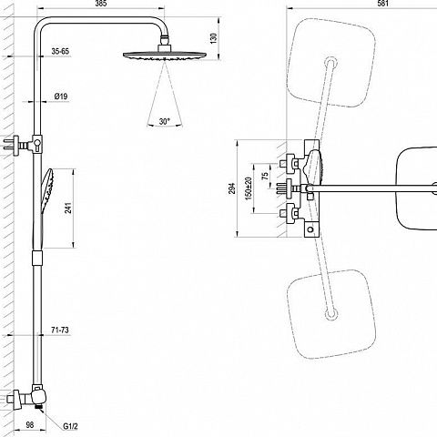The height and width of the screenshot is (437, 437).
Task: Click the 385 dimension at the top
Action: coord(101,4)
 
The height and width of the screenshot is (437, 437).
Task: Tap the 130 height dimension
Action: coord(214,38)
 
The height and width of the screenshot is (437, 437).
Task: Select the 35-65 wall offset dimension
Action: coord(60,51)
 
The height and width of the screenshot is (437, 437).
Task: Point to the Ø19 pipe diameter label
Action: coord(61,97)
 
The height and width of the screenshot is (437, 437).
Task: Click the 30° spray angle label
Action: coord(164,122)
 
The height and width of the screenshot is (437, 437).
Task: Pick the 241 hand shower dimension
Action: coord(68,208)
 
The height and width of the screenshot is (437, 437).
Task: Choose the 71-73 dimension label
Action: coord(60,330)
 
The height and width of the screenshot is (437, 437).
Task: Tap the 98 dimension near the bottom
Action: coord(30,425)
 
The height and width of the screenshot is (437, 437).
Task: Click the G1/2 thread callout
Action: coord(70,426)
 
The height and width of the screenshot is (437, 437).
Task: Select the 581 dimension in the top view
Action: coord(382,4)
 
